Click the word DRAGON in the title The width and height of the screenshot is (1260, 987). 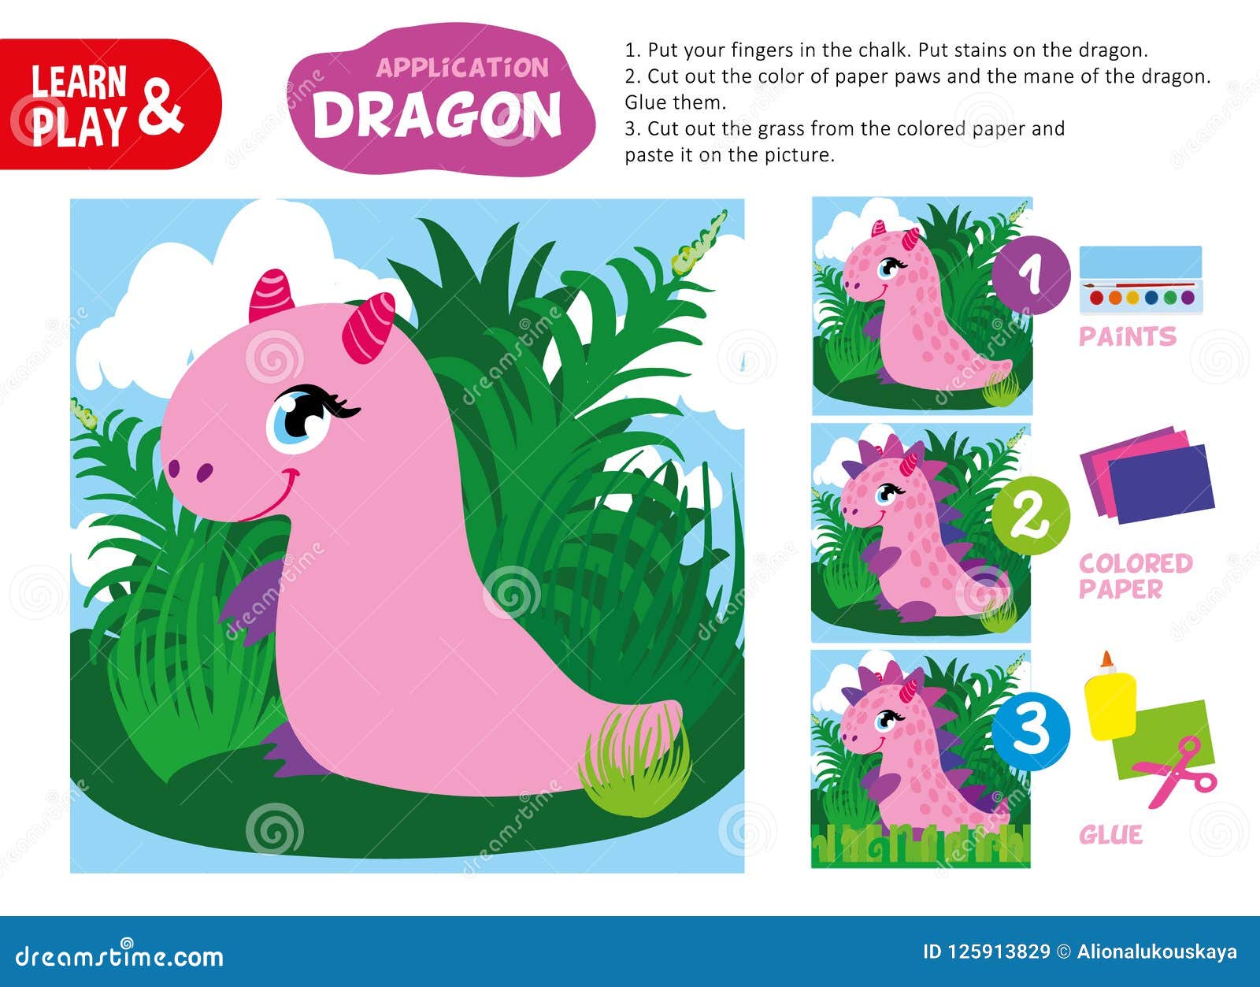tap(436, 115)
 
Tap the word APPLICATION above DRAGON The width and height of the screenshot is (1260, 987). tap(462, 68)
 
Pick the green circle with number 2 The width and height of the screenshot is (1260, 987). tap(1030, 516)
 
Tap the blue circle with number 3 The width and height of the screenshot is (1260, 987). tap(1030, 731)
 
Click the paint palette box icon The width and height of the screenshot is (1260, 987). tap(1140, 280)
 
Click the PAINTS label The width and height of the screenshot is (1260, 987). tap(1127, 337)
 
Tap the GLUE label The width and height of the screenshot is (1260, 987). tap(1110, 835)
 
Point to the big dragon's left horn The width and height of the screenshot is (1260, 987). tap(271, 295)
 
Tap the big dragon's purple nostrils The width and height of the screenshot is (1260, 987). tap(190, 471)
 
